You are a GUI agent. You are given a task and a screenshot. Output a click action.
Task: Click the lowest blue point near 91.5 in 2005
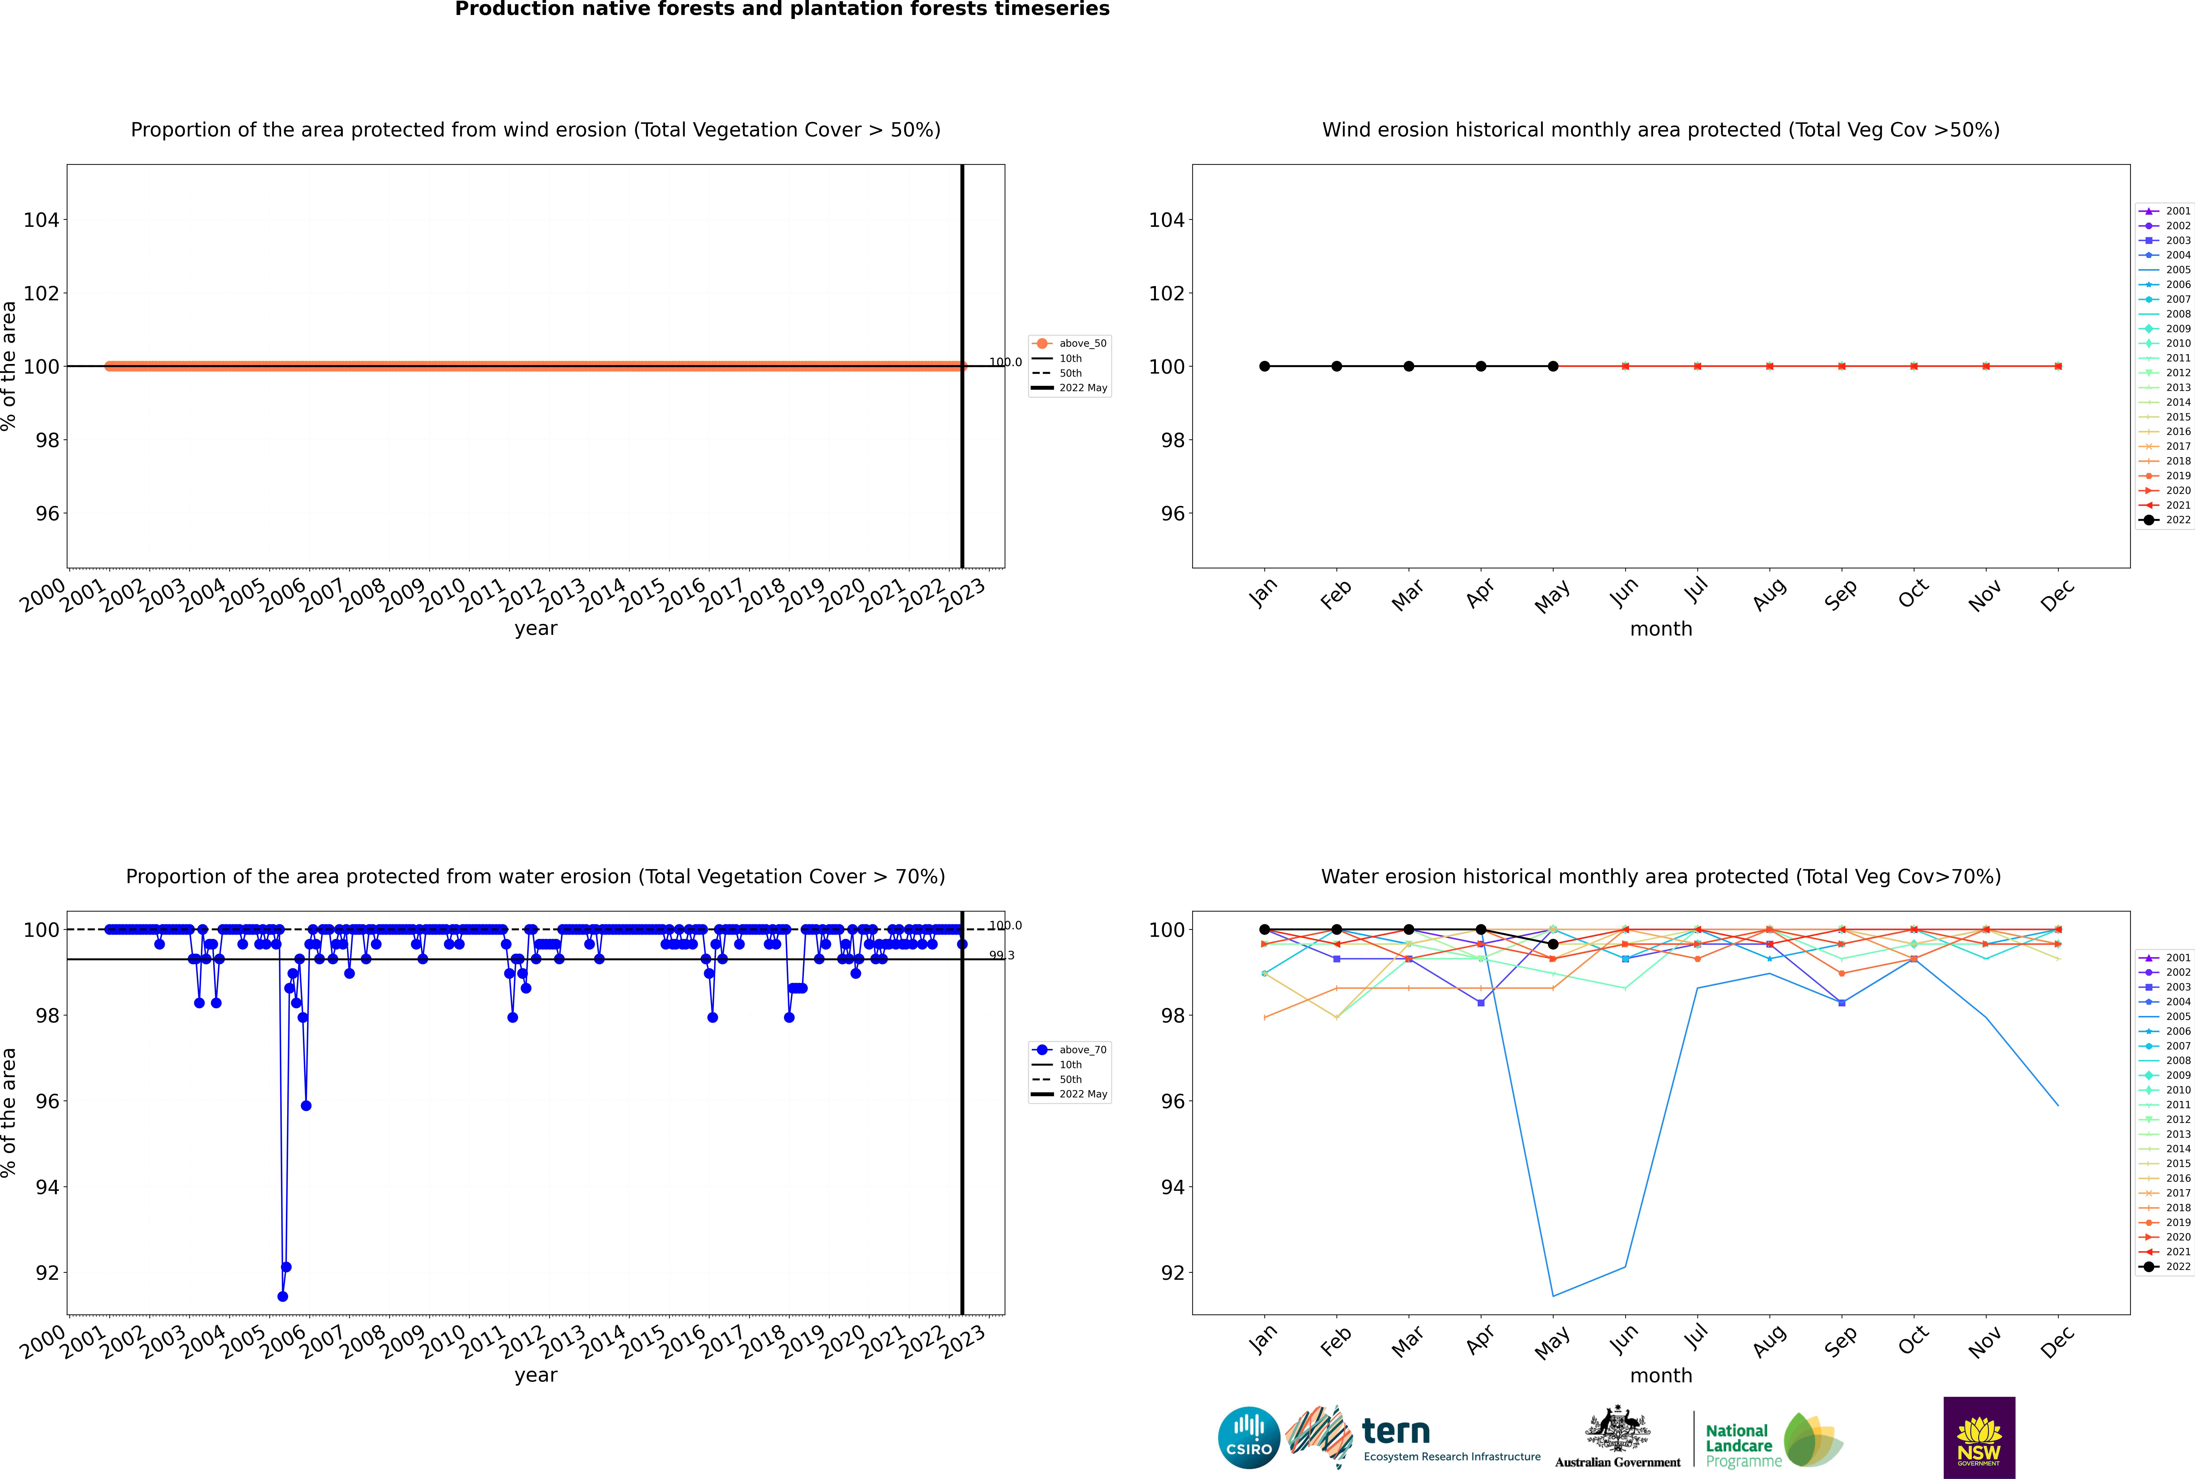pos(282,1296)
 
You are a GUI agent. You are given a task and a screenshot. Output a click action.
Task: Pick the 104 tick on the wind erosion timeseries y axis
pos(41,220)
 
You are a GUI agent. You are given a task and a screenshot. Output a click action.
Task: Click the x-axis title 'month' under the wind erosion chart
pos(1661,629)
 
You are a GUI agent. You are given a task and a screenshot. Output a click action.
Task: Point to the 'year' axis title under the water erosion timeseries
pos(536,1375)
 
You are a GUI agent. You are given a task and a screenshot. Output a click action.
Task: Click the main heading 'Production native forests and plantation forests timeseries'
pos(782,9)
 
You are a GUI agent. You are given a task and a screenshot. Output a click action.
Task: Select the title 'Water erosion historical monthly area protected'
pos(1661,876)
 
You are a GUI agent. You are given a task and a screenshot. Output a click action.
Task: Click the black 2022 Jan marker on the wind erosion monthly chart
pos(1265,366)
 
